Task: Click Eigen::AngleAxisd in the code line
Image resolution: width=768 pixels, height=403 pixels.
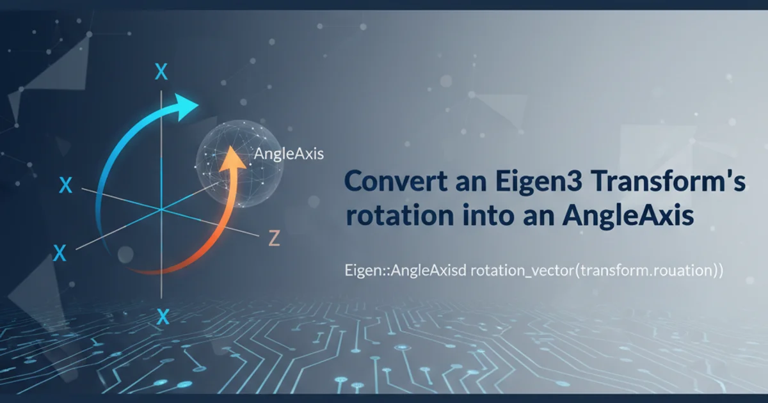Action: coord(405,271)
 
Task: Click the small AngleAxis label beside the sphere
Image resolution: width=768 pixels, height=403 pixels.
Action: coord(289,154)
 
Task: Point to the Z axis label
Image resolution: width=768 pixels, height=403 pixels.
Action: coord(274,238)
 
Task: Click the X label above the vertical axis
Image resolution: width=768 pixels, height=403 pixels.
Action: coord(161,72)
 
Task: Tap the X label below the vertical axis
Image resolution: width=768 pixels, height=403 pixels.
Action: coord(163,317)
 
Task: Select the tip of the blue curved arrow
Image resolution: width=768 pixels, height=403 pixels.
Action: coord(198,104)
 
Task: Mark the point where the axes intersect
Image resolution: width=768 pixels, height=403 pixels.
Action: coord(161,209)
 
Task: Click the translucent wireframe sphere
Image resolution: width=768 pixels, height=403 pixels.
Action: coord(239,164)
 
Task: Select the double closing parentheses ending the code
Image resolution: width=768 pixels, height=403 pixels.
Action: coord(717,271)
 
